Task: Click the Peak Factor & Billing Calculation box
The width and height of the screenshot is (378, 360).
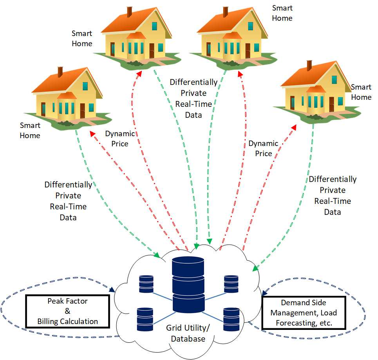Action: [67, 311]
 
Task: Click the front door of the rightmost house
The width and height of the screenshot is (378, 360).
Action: [331, 104]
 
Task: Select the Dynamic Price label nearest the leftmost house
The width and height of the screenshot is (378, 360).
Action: [120, 139]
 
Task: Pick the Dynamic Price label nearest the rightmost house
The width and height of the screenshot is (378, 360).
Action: [263, 148]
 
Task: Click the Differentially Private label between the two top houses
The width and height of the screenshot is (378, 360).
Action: [194, 98]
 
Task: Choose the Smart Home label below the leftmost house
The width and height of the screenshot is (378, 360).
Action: [30, 130]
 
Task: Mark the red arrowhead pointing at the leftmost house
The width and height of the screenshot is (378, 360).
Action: [92, 134]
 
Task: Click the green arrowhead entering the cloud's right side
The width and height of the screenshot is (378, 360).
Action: [255, 269]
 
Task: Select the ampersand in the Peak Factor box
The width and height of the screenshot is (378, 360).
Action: [67, 311]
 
